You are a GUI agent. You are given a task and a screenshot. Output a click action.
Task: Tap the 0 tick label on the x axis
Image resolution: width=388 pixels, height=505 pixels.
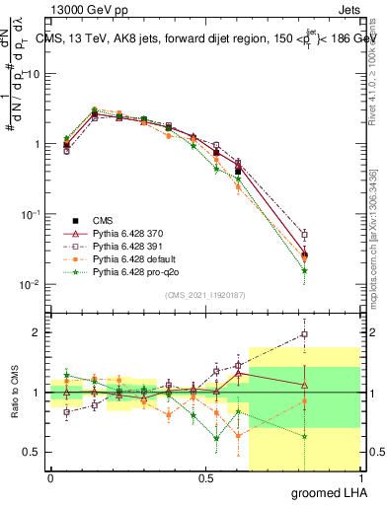pyautogui.click(x=50, y=477)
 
